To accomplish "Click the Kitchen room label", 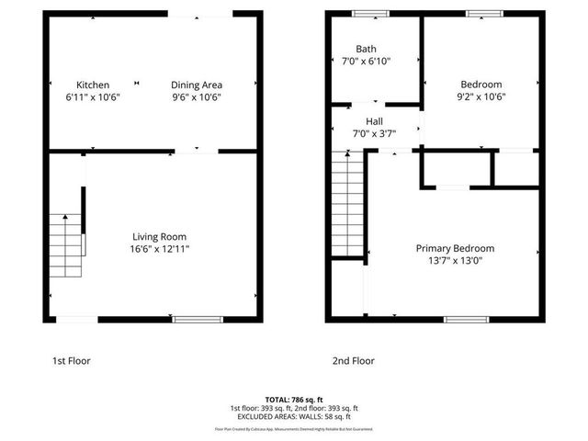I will point(93,85).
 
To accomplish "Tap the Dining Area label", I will point(197,85).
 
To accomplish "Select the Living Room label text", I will point(160,236).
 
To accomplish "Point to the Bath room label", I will point(367,49).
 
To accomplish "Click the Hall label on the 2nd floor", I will point(374,121).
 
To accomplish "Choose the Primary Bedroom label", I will point(455,248).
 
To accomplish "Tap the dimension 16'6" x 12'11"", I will point(160,249).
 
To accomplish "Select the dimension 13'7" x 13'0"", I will point(455,261).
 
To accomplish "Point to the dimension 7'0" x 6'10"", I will point(366,62).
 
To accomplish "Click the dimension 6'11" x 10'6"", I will point(93,96).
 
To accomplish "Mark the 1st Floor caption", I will point(72,361).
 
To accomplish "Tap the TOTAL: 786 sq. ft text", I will point(294,400).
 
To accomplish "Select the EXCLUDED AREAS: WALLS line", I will point(294,416).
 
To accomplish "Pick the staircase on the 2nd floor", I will point(349,206).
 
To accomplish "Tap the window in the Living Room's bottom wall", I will point(198,320).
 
